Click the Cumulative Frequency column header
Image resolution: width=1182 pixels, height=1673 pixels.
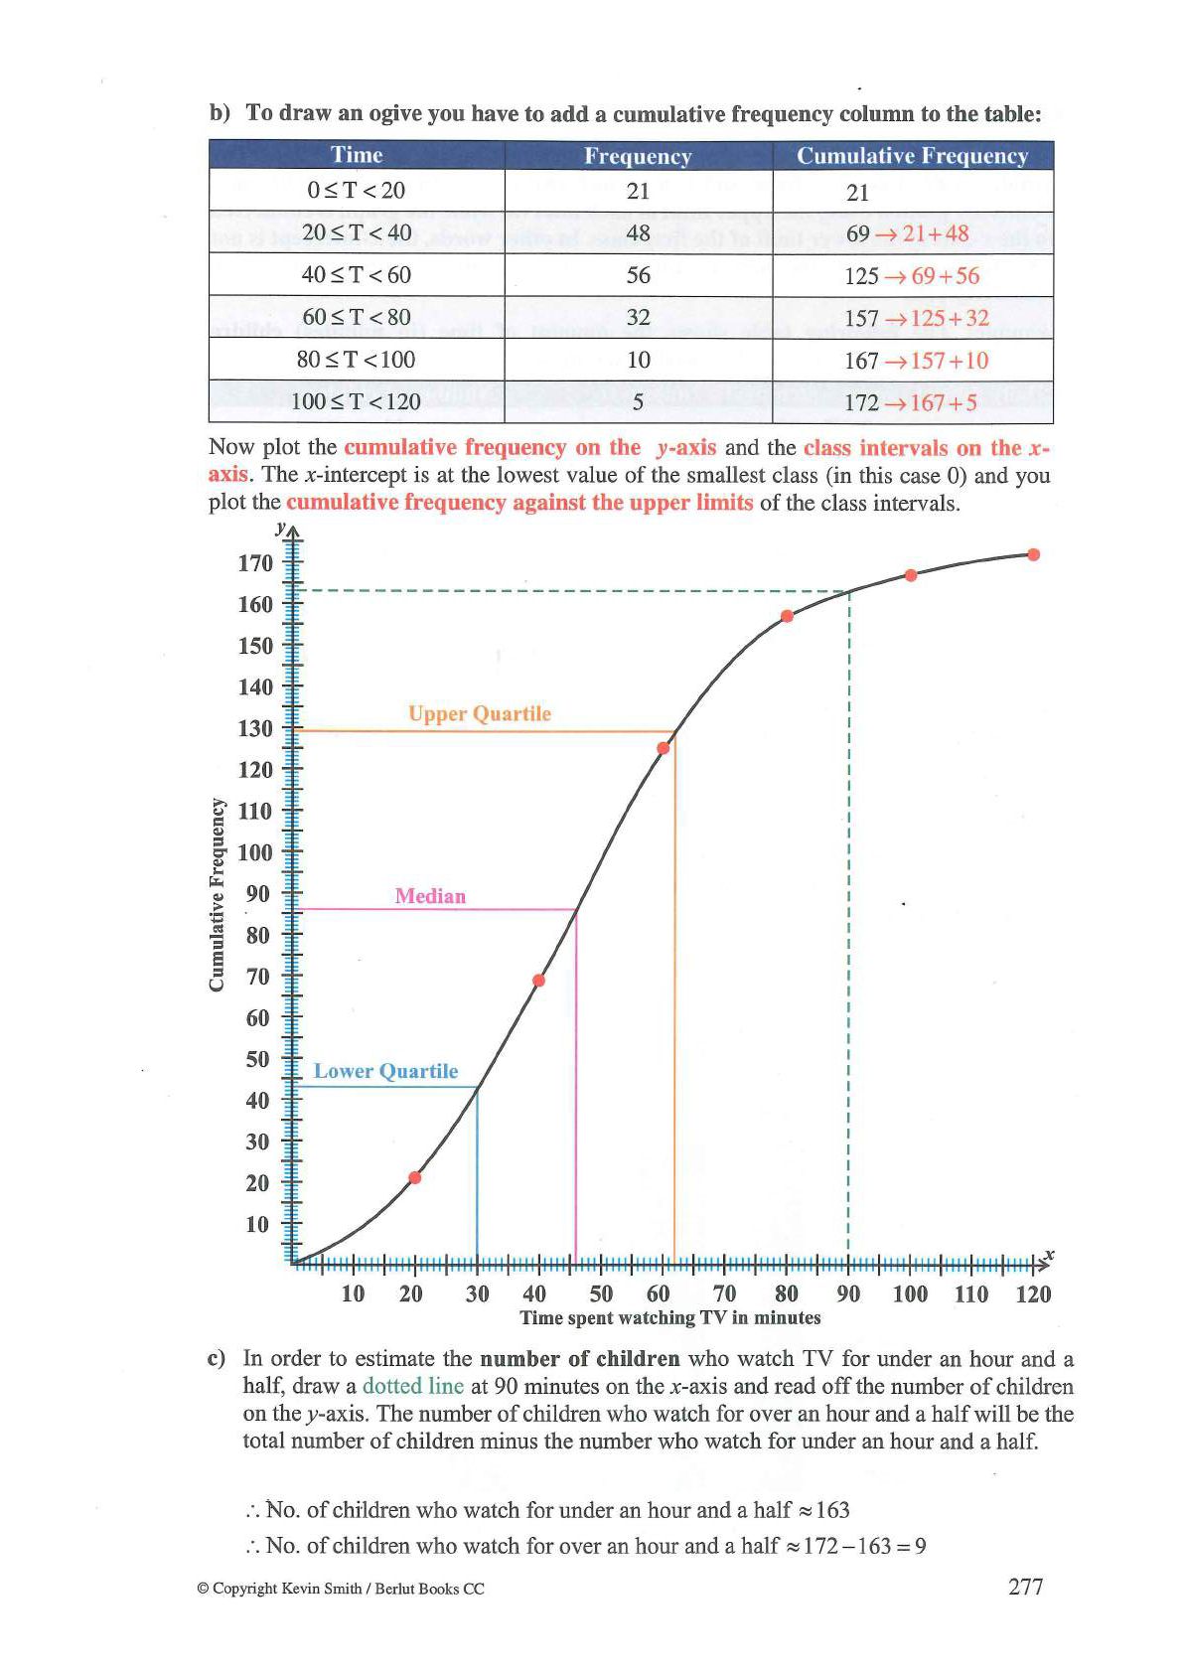coord(912,156)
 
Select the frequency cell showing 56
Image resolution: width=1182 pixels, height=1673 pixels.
coord(638,275)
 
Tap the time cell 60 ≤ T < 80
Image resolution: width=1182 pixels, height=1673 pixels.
coord(356,317)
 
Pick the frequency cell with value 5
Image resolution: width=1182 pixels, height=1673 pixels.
coord(638,402)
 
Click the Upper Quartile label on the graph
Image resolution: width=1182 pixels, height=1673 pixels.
coord(479,714)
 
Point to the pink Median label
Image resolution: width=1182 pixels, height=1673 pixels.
coord(430,896)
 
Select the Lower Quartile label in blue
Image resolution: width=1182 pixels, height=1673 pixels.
coord(385,1071)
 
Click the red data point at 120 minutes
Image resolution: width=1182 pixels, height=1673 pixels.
coord(1033,555)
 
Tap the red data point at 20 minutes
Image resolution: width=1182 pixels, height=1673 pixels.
coord(415,1178)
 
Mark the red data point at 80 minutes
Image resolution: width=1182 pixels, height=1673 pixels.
coord(787,616)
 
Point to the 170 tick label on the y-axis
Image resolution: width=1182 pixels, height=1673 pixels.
coord(254,563)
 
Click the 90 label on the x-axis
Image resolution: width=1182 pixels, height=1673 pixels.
coord(848,1293)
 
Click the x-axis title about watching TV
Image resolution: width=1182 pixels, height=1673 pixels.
coord(670,1318)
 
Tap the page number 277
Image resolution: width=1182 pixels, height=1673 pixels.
coord(1025,1587)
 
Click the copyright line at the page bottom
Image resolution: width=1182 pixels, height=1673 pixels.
coord(341,1589)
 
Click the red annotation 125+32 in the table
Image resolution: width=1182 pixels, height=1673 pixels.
coord(950,318)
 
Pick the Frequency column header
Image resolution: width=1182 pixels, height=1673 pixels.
coord(638,156)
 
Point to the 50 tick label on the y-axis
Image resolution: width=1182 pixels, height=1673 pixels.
coord(256,1059)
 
